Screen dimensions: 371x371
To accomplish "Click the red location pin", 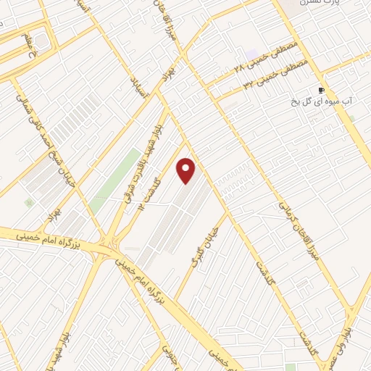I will point(187,171).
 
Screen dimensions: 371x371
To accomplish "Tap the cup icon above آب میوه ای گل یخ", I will point(322,91).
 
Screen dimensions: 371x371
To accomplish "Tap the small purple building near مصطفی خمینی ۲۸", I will point(251,55).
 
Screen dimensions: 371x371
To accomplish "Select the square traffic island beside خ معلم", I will point(41,42).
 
